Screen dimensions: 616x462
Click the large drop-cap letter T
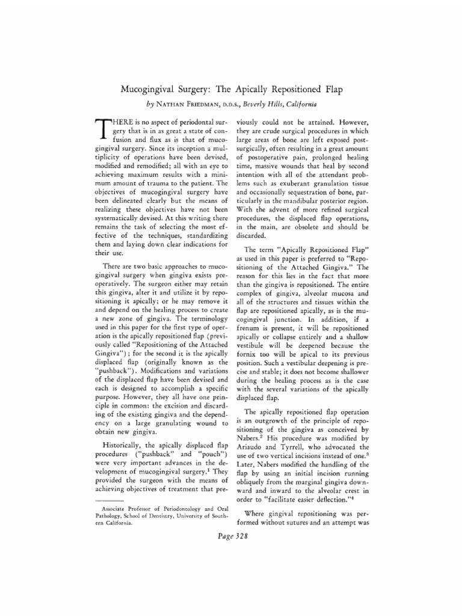103,128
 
